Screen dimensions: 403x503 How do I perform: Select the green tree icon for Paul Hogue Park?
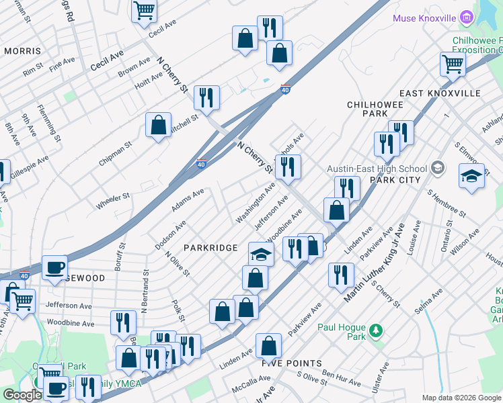(x=376, y=330)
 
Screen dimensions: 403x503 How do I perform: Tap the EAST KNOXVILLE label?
(x=440, y=93)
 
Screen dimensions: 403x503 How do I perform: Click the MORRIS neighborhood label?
(x=22, y=51)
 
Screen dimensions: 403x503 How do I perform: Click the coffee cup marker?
(x=54, y=267)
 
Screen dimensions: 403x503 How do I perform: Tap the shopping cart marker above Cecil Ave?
(x=144, y=11)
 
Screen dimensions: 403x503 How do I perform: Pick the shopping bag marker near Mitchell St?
(x=158, y=126)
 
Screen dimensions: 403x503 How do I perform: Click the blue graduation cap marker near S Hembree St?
(x=471, y=177)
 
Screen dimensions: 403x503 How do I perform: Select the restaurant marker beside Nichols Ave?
(x=288, y=168)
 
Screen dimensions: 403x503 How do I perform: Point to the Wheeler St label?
(x=112, y=199)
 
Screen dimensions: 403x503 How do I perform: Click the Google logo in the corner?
(x=22, y=395)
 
